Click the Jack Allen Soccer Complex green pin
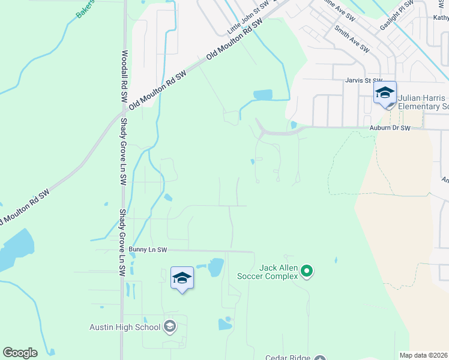pos(307,272)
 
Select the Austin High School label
pos(125,327)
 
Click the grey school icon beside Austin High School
pos(170,326)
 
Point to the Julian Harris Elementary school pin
pos(385,94)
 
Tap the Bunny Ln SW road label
pos(147,249)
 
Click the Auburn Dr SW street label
pos(390,128)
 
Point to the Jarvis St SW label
pos(363,80)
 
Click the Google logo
pos(20,353)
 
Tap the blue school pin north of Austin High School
pos(182,278)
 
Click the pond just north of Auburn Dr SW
pos(263,95)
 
